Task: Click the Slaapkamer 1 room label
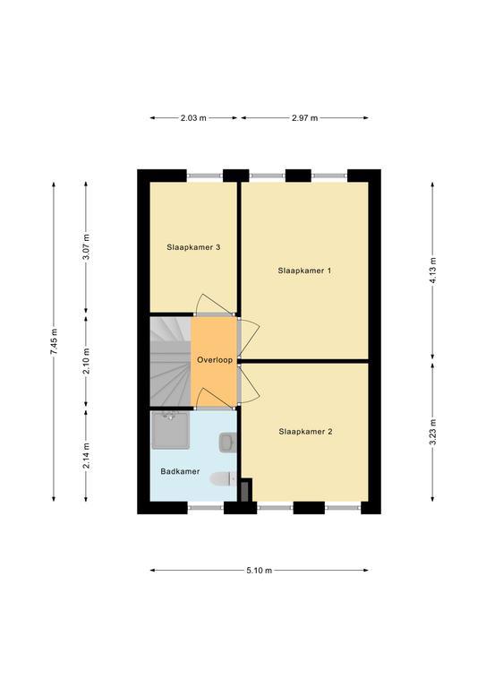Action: [304, 271]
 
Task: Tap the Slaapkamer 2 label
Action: [305, 432]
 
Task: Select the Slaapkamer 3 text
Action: [193, 247]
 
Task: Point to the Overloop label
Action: [215, 360]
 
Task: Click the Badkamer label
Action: [180, 472]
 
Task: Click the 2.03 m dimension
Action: [193, 118]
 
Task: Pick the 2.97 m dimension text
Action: [305, 118]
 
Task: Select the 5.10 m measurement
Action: [259, 571]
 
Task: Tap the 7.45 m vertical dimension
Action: [54, 341]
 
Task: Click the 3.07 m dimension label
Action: [86, 246]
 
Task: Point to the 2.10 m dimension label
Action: [86, 361]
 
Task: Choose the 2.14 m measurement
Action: [86, 455]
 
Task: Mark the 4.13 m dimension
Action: [432, 271]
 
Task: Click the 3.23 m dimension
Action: [432, 432]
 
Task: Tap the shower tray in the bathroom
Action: [170, 430]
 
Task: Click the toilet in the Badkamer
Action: [224, 478]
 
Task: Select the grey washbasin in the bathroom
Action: [228, 442]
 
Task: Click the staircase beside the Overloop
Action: [170, 362]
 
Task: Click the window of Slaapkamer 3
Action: [206, 176]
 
